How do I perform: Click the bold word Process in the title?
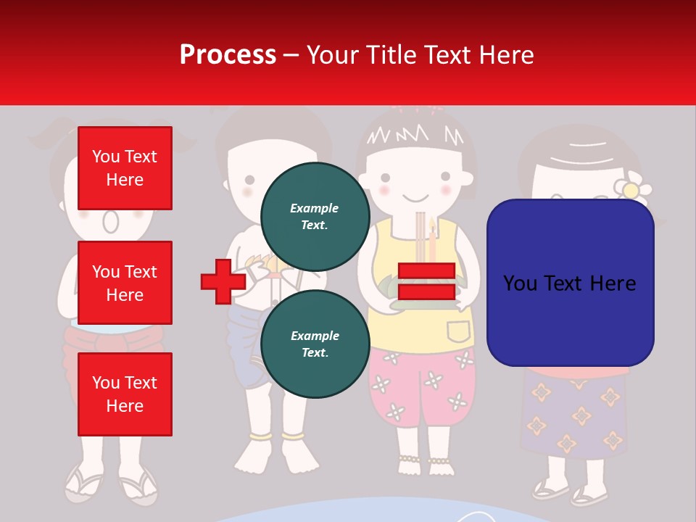click(228, 55)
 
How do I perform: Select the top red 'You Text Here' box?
click(125, 168)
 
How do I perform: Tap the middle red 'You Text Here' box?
click(125, 283)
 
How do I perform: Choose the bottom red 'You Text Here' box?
click(125, 394)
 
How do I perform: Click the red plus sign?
click(223, 281)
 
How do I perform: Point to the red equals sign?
click(426, 281)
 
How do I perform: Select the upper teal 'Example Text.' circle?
click(315, 216)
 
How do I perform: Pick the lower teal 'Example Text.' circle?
click(315, 344)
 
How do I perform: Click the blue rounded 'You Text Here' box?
click(570, 283)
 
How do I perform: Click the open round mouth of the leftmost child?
click(110, 220)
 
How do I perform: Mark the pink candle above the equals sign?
click(433, 243)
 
